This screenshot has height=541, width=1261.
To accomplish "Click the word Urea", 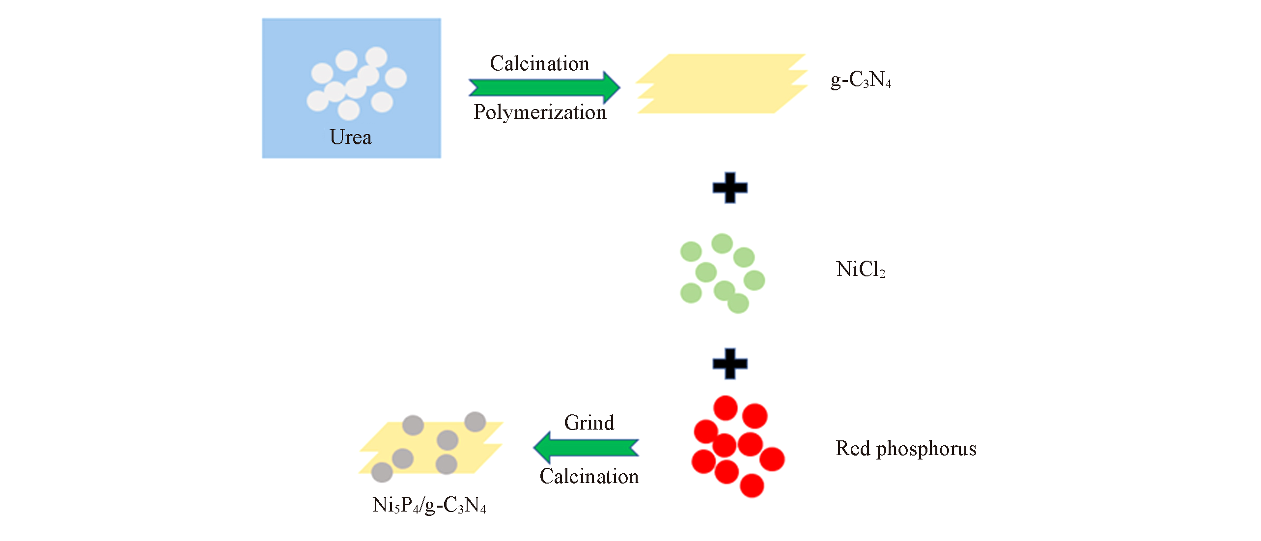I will pyautogui.click(x=350, y=137).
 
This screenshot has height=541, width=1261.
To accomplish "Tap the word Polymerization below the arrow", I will pyautogui.click(x=540, y=112).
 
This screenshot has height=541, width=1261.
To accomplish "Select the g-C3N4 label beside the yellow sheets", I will pyautogui.click(x=861, y=79).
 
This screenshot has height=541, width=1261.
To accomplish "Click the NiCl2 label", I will pyautogui.click(x=861, y=269).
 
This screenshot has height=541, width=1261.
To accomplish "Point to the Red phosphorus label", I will pyautogui.click(x=906, y=449).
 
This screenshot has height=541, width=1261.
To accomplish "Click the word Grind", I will pyautogui.click(x=589, y=423).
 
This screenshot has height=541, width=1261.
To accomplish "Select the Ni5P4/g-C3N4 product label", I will pyautogui.click(x=429, y=505).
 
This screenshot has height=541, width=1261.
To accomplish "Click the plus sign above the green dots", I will pyautogui.click(x=730, y=188).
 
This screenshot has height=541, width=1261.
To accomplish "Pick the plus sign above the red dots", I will pyautogui.click(x=730, y=364).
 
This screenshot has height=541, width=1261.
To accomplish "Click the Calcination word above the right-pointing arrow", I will pyautogui.click(x=539, y=64).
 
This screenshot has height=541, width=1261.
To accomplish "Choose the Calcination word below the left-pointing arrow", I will pyautogui.click(x=589, y=476).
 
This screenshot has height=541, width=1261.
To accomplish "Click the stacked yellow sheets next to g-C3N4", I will pyautogui.click(x=721, y=83).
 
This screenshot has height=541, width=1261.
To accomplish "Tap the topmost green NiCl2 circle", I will pyautogui.click(x=722, y=243).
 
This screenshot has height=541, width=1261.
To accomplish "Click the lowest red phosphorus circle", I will pyautogui.click(x=752, y=486).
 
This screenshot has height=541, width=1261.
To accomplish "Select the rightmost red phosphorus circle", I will pyautogui.click(x=772, y=459).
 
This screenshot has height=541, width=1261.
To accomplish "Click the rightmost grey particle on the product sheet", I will pyautogui.click(x=475, y=422).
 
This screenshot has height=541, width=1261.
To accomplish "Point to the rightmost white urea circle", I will pyautogui.click(x=396, y=78).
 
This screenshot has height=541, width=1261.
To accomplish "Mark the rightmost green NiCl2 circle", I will pyautogui.click(x=755, y=280).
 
